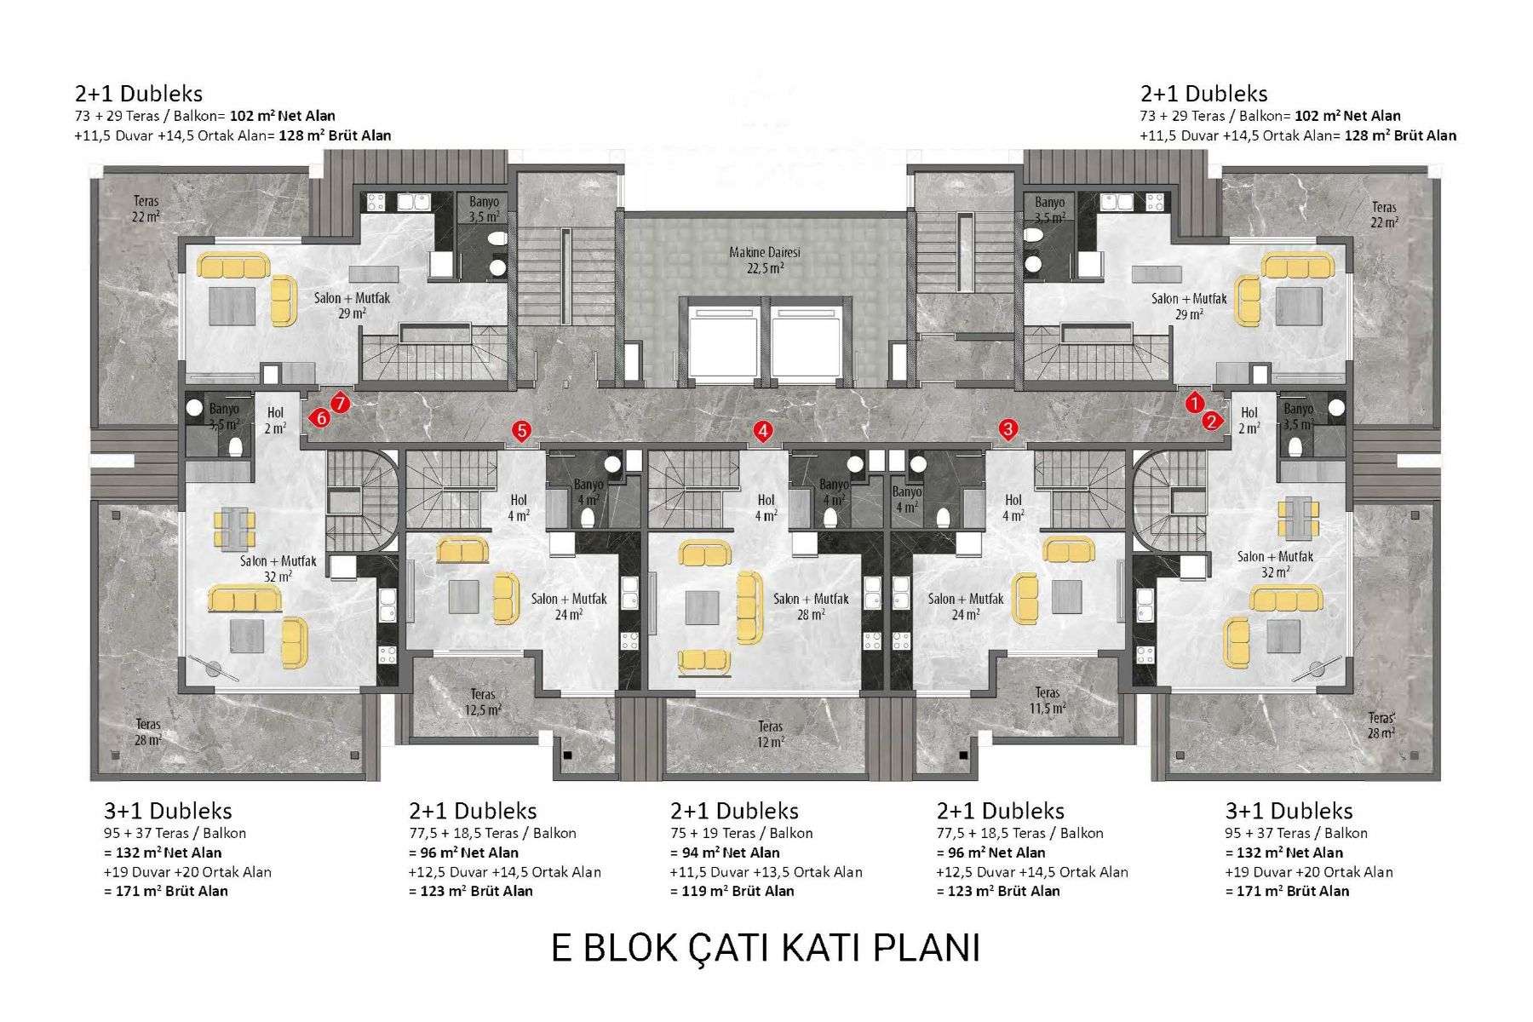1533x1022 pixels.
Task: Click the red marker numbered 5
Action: click(521, 432)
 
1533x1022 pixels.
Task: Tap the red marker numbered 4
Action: click(763, 432)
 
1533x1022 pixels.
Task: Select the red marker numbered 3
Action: click(1008, 429)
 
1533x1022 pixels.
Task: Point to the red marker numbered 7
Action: click(340, 403)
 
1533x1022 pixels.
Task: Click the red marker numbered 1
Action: click(1194, 404)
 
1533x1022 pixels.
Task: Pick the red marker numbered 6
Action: click(320, 418)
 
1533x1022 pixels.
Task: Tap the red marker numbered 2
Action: click(1211, 421)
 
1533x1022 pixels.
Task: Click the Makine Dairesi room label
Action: click(765, 260)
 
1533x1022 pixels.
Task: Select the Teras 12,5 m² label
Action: click(483, 702)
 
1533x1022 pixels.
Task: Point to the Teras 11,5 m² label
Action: click(1047, 700)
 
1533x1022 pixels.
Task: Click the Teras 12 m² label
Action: click(770, 734)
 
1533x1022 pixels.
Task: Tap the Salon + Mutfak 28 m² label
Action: click(811, 606)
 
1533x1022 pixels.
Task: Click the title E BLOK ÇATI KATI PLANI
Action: click(765, 948)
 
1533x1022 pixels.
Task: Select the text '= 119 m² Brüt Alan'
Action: click(732, 891)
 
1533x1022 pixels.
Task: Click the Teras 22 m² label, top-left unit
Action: click(146, 209)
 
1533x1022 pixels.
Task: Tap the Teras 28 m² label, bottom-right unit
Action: click(1381, 726)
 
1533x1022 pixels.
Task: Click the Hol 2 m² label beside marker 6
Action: click(274, 420)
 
